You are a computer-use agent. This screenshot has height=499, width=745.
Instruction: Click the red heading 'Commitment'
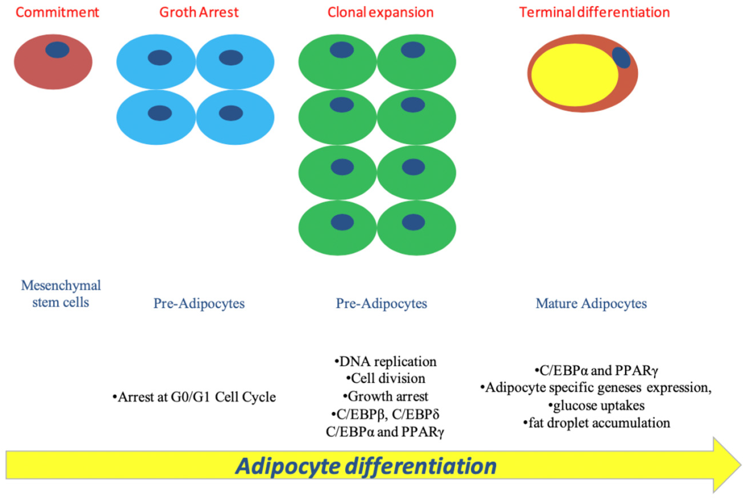57,13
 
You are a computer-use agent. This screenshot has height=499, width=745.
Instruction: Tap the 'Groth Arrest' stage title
199,13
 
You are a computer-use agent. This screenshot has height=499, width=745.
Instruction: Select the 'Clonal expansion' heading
381,13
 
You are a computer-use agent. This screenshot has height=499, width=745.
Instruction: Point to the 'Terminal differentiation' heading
594,13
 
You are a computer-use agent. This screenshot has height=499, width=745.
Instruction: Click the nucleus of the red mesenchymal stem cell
57,50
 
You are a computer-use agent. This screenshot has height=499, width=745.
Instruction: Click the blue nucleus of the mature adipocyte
621,58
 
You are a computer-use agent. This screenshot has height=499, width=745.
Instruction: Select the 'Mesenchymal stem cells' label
61,294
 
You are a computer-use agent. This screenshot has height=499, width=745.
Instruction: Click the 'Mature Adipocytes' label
591,303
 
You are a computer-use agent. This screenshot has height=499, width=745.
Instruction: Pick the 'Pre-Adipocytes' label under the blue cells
199,303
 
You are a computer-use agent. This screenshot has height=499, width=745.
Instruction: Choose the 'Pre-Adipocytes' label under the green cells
381,303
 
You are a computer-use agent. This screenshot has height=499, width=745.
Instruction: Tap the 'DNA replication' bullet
385,362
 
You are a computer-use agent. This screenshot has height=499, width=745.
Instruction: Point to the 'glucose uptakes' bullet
597,406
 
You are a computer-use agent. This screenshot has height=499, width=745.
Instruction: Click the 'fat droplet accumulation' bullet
597,423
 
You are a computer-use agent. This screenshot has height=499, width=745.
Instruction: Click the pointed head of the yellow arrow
741,465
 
